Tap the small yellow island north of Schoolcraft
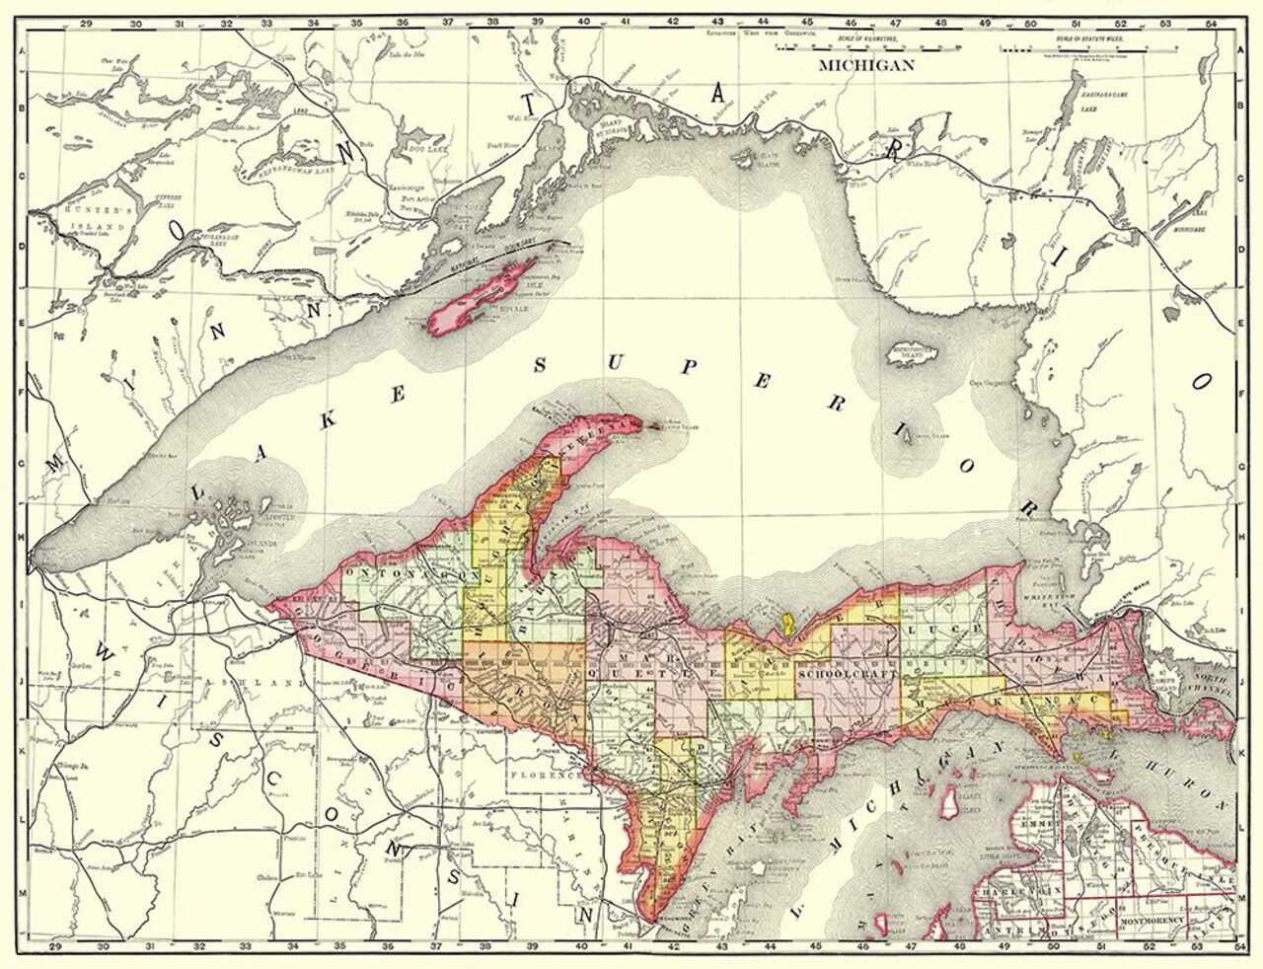click(x=787, y=622)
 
